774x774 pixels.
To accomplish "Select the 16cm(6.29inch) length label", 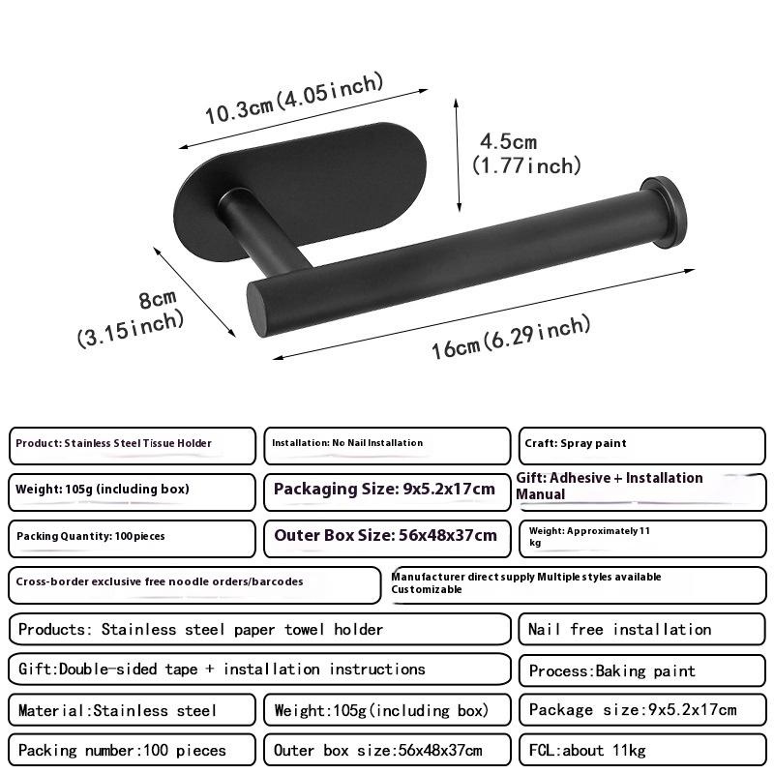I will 510,336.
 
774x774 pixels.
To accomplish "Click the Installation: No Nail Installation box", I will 386,445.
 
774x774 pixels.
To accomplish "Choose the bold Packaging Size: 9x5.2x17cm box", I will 386,491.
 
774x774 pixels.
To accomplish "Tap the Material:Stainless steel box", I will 133,711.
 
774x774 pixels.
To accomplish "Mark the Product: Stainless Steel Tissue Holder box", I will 133,445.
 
